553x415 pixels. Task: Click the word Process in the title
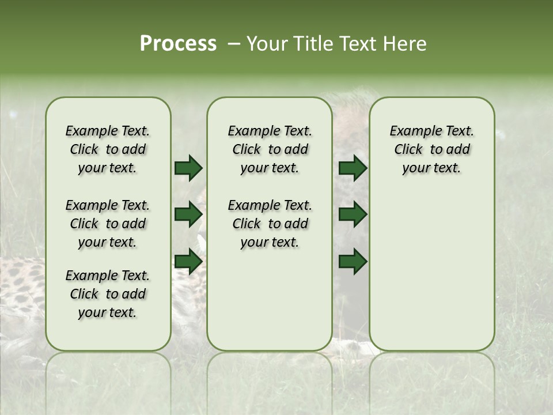coord(178,44)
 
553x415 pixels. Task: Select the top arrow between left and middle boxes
coord(188,168)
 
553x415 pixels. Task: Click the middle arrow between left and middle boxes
coord(188,214)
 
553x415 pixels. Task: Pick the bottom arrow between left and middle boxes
coord(188,262)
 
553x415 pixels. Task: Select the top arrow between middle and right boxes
coord(353,168)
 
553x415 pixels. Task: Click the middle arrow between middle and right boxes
coord(353,214)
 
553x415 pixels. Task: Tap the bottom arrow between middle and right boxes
coord(353,262)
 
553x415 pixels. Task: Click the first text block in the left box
coord(108,149)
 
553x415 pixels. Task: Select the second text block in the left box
coord(108,224)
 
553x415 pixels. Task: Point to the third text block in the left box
coord(108,294)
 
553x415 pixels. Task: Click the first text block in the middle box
coord(270,149)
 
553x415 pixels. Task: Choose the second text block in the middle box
coord(270,224)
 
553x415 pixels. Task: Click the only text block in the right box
coord(432,149)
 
